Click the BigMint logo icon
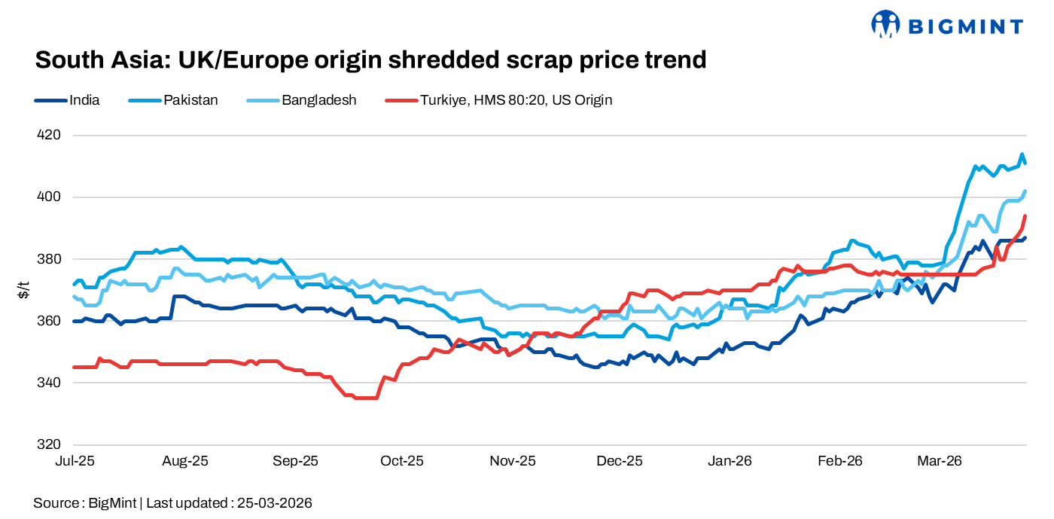pyautogui.click(x=886, y=24)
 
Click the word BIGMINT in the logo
pyautogui.click(x=965, y=27)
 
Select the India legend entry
pyautogui.click(x=84, y=99)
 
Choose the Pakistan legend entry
pyautogui.click(x=190, y=99)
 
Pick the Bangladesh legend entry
pyautogui.click(x=318, y=99)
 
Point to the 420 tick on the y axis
pyautogui.click(x=49, y=136)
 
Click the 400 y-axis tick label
pyautogui.click(x=49, y=197)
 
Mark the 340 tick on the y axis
pyautogui.click(x=49, y=383)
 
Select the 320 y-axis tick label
pyautogui.click(x=49, y=444)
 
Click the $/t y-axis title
pyautogui.click(x=23, y=290)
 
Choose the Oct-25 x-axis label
pyautogui.click(x=402, y=461)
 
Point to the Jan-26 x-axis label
pyautogui.click(x=730, y=461)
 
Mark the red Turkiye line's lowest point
pyautogui.click(x=365, y=398)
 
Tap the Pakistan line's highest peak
pyautogui.click(x=1022, y=154)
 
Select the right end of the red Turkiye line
pyautogui.click(x=1025, y=216)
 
